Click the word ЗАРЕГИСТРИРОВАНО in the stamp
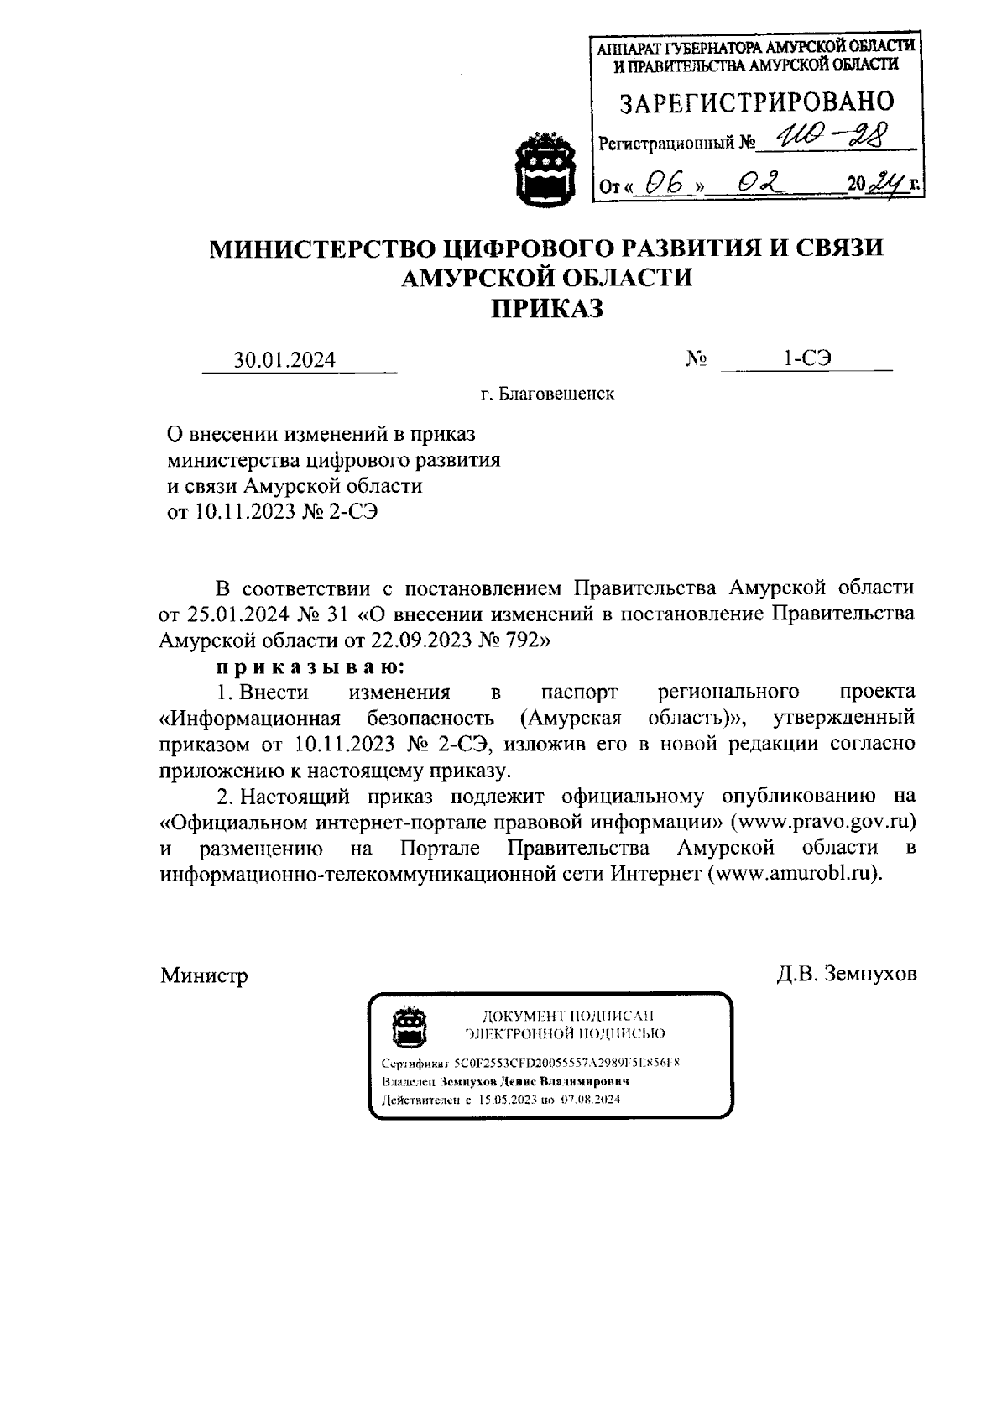tap(756, 103)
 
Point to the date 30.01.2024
tap(284, 360)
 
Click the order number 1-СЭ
tap(806, 358)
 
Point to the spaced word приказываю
tap(310, 666)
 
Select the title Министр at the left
tap(204, 976)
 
